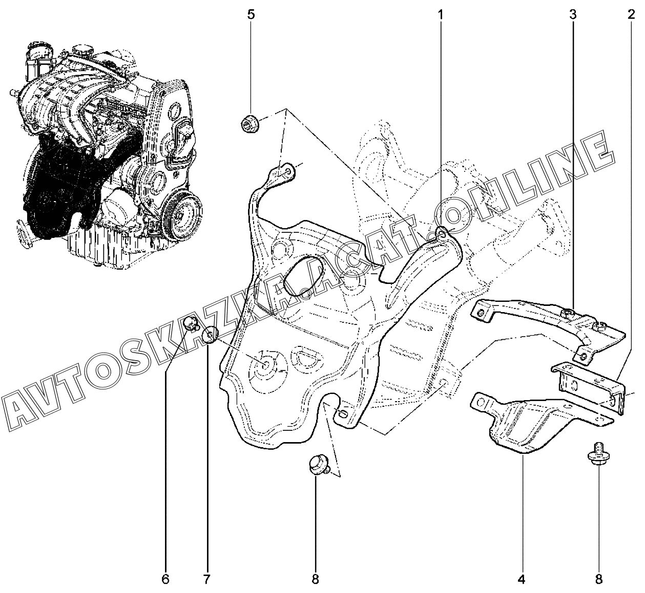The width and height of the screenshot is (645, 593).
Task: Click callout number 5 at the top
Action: click(251, 15)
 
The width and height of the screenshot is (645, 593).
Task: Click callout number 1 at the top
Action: click(440, 15)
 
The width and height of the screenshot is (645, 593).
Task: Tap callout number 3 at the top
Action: click(573, 15)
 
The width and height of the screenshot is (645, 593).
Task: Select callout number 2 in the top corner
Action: click(631, 15)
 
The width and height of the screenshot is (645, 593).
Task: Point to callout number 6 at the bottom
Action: click(165, 579)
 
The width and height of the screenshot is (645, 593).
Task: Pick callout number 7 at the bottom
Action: click(206, 579)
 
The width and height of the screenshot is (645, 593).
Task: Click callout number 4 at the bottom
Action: click(522, 579)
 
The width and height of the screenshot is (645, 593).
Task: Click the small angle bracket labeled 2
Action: click(589, 387)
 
